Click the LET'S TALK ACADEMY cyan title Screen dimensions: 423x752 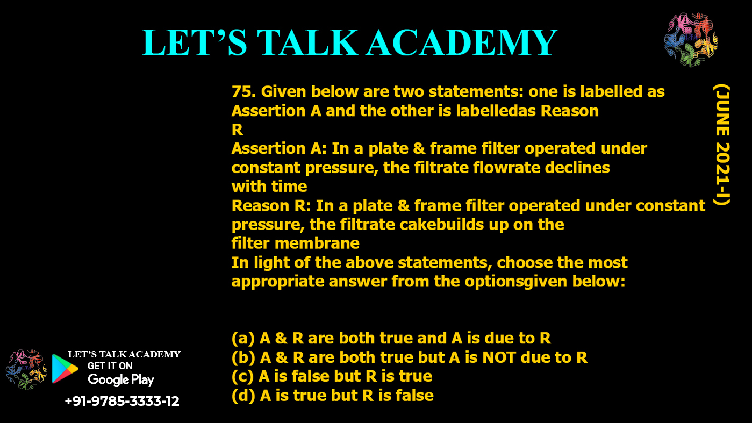click(350, 43)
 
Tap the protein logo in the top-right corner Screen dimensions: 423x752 click(691, 40)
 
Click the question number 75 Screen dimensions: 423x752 click(242, 92)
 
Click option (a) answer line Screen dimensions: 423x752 click(391, 338)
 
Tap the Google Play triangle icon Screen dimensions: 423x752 click(65, 369)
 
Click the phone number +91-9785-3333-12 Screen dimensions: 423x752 click(122, 401)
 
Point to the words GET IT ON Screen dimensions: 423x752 click(110, 366)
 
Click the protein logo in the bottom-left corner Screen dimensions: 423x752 click(26, 369)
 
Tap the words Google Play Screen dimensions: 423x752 click(121, 380)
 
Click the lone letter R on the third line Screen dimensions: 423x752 click(237, 130)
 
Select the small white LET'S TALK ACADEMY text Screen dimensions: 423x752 click(124, 354)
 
